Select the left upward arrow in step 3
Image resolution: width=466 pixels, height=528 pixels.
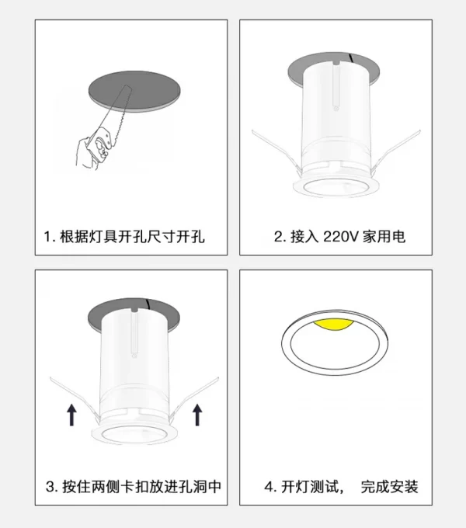[71, 415]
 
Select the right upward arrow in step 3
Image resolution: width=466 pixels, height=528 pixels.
[197, 415]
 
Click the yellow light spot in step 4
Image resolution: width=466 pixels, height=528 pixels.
[333, 325]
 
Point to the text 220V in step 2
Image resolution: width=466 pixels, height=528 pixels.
[340, 237]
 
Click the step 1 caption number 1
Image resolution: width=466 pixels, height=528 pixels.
[48, 237]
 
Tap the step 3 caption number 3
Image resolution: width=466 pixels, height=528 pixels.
[50, 487]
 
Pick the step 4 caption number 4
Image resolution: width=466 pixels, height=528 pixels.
[270, 487]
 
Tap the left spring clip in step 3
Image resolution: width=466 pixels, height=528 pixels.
[75, 399]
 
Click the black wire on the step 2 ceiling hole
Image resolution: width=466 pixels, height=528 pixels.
[351, 58]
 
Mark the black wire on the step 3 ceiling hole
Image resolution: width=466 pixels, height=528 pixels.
[148, 304]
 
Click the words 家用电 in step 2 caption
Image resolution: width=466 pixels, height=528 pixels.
[384, 237]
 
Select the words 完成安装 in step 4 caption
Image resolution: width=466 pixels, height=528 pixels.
[390, 487]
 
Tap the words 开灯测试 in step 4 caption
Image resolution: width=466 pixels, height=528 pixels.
[310, 487]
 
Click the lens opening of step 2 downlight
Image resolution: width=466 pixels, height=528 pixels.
[336, 187]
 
